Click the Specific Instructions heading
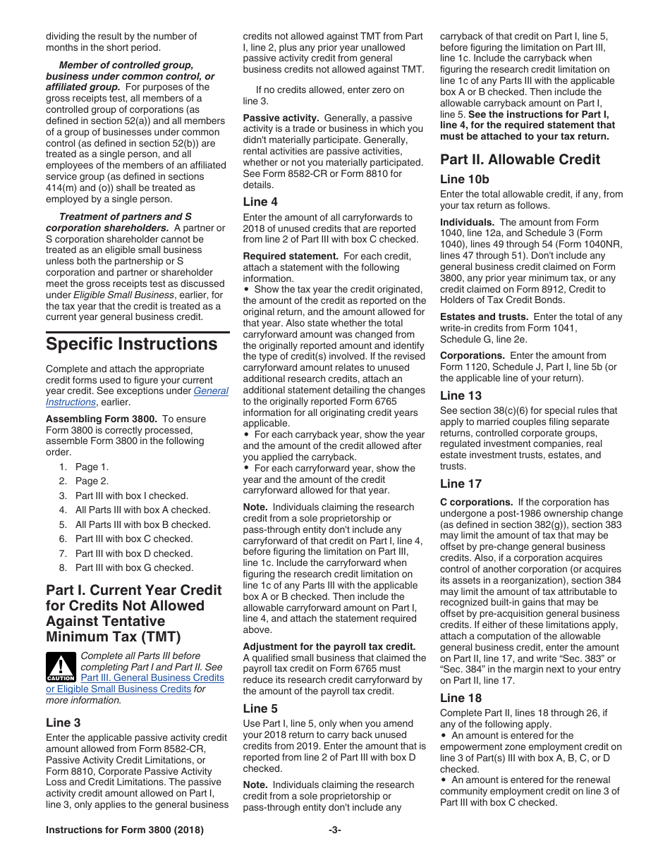132,344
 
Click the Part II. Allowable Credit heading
520,159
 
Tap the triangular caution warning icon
61,667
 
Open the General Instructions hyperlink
211,391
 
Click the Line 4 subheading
260,202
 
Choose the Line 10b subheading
464,180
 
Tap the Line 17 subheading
461,484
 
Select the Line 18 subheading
461,698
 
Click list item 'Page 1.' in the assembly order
92,467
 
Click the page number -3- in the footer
335,830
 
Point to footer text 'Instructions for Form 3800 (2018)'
125,830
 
